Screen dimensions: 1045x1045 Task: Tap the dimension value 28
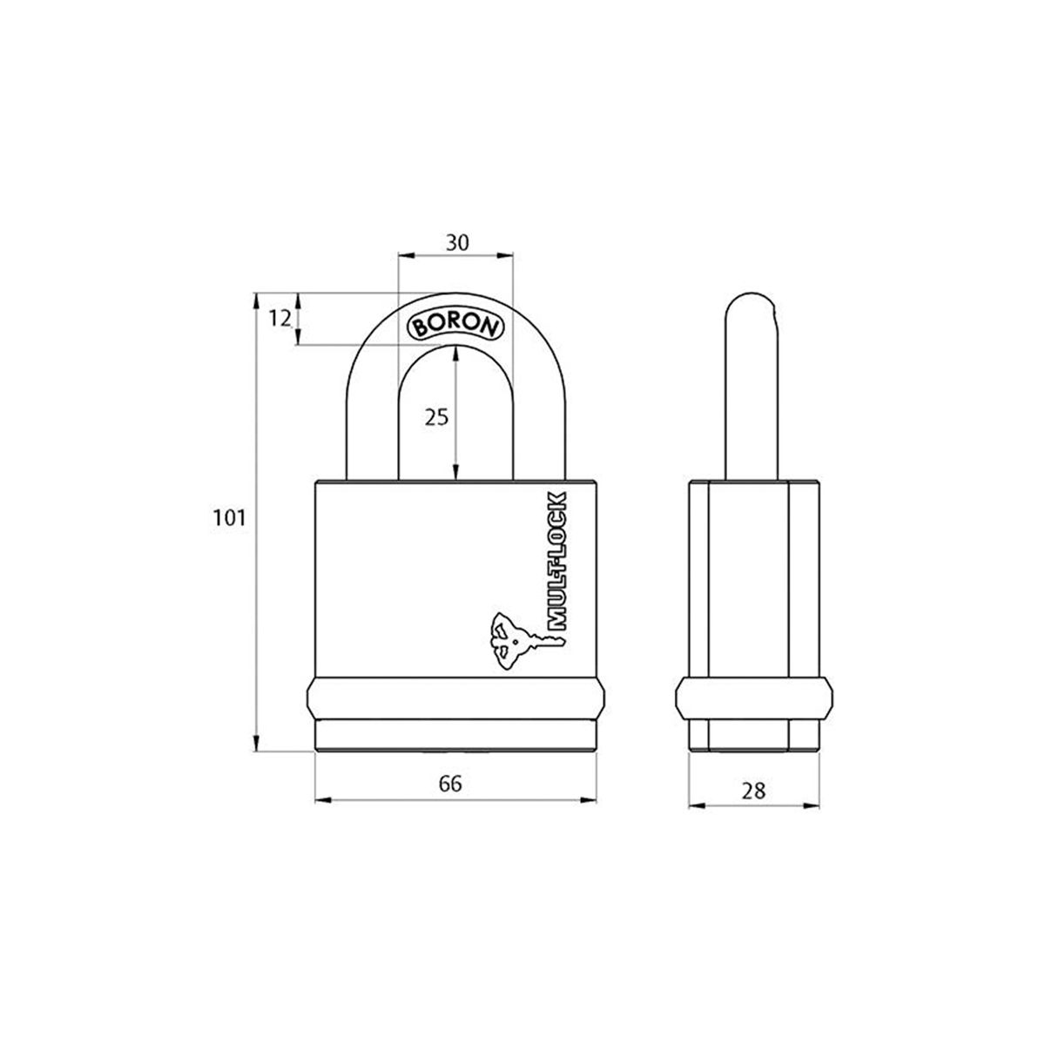pos(753,790)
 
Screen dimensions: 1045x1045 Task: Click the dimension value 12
pos(279,319)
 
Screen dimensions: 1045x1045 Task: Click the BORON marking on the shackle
pos(455,324)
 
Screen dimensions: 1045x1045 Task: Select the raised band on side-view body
pos(753,699)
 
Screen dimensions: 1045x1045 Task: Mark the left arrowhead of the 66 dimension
pos(320,799)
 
